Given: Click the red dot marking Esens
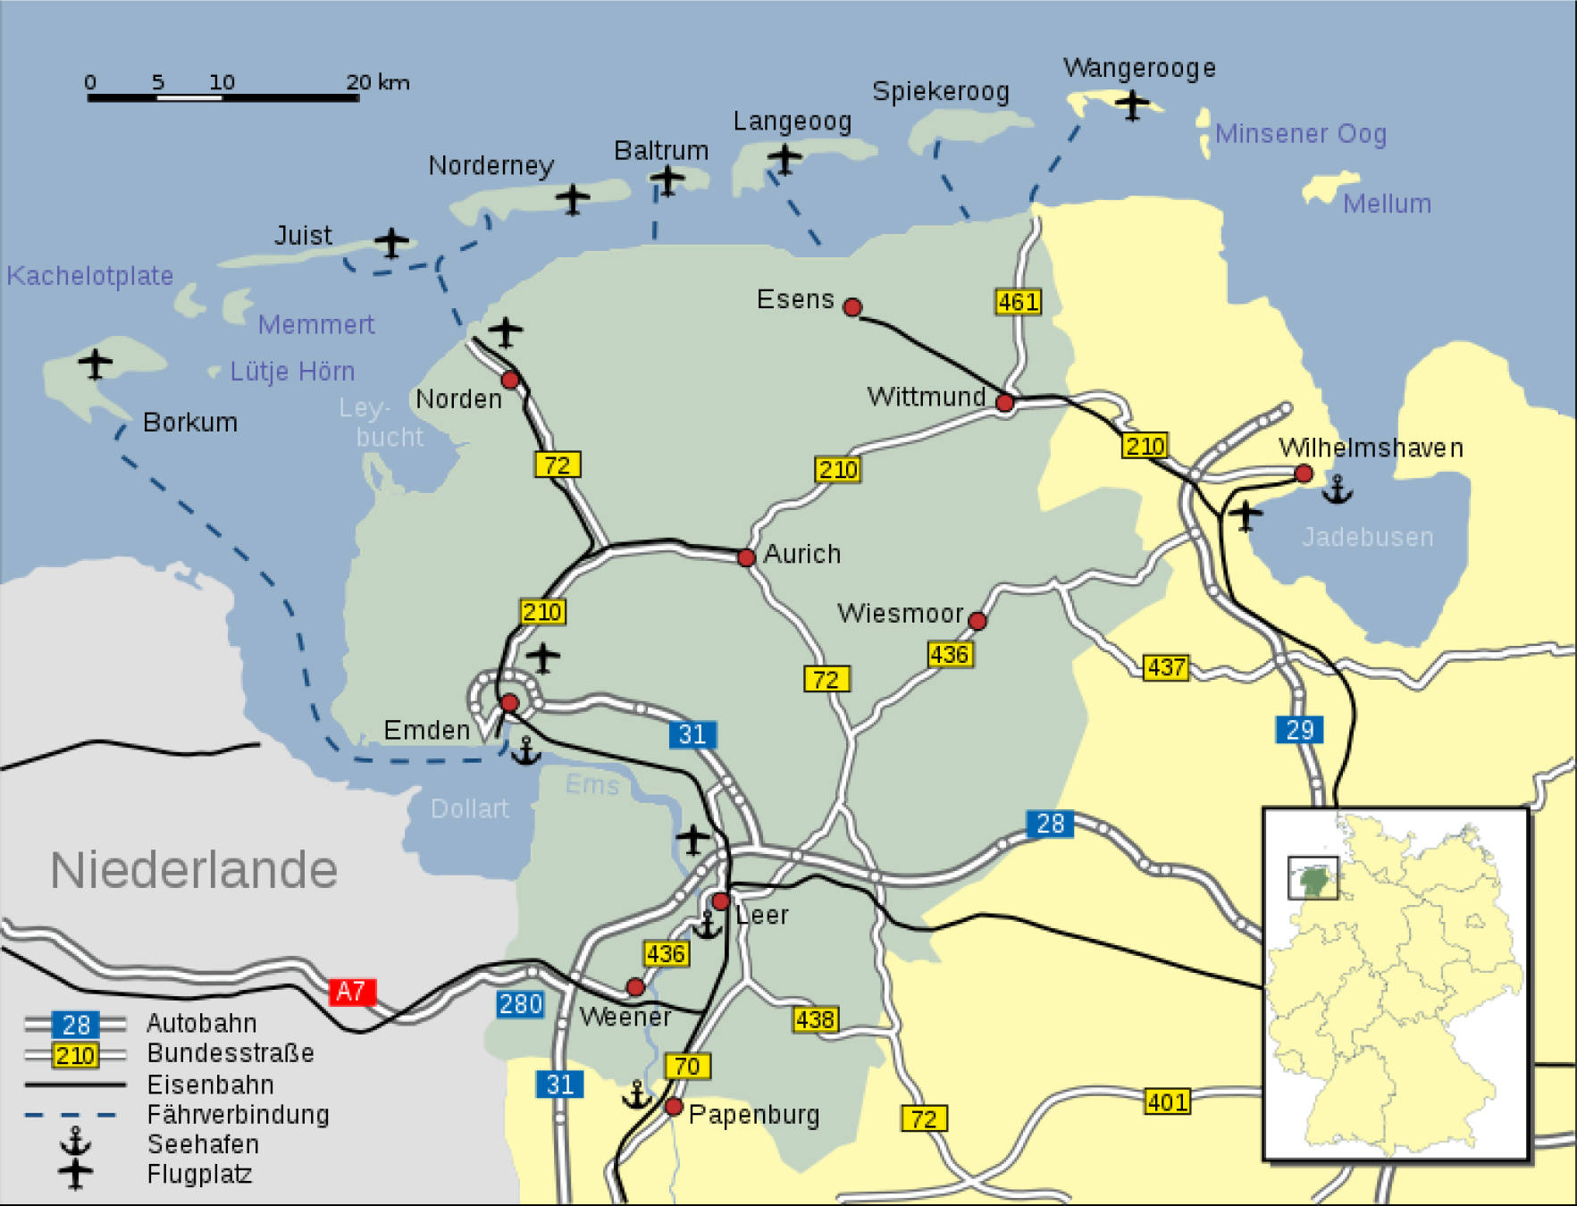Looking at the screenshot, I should tap(852, 307).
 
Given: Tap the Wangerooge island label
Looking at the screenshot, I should tap(1138, 68).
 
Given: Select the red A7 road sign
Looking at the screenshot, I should tap(351, 992).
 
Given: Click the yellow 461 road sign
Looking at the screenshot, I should tap(1018, 302).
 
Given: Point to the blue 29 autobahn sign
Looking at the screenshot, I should tap(1298, 730).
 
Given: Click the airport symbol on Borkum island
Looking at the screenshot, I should tap(95, 364).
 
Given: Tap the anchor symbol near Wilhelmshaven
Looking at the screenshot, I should tap(1337, 490).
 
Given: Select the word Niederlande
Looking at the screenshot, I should tap(194, 869).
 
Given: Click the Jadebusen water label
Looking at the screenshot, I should tap(1367, 537).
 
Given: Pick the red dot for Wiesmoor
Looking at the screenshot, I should tap(977, 621).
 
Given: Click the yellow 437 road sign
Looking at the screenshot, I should tap(1166, 667).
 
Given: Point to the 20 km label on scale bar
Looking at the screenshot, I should tap(377, 82).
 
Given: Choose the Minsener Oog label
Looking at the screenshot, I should tap(1300, 134).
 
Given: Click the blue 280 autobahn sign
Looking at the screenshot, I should tap(520, 1004).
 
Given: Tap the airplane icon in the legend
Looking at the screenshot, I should tap(76, 1173).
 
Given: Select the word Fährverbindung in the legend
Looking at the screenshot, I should tap(238, 1115).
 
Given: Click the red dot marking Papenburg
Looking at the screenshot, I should tap(674, 1107).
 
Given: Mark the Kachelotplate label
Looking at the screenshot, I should tap(89, 276).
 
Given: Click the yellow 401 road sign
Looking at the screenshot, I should tap(1167, 1101).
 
